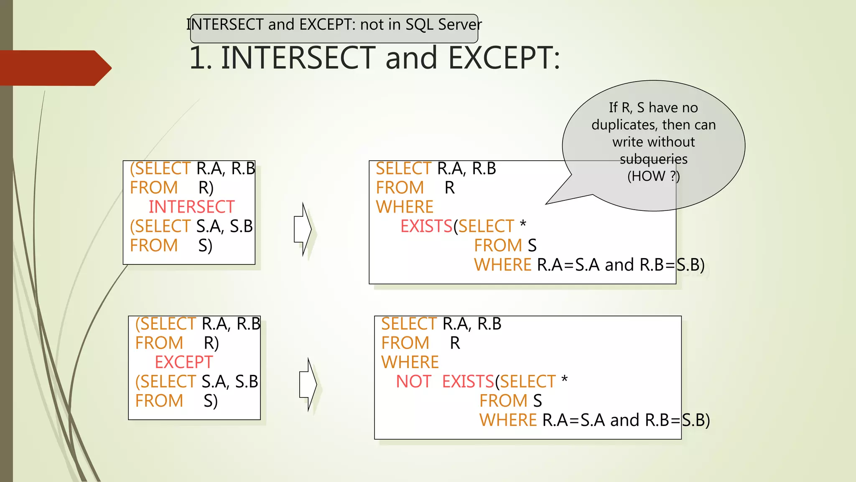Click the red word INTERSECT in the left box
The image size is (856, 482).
pyautogui.click(x=191, y=207)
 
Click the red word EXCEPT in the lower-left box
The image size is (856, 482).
pyautogui.click(x=184, y=362)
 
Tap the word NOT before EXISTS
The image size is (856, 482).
pyautogui.click(x=413, y=381)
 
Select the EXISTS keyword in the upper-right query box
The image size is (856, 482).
pyautogui.click(x=426, y=226)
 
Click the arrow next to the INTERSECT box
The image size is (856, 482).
pyautogui.click(x=303, y=229)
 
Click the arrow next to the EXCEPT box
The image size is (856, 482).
pyautogui.click(x=308, y=384)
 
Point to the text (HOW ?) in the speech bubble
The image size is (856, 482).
pyautogui.click(x=653, y=176)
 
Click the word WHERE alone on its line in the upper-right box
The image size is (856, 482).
pyautogui.click(x=405, y=207)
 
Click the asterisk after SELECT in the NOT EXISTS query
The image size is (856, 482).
pyautogui.click(x=564, y=379)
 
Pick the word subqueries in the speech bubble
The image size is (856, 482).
pyautogui.click(x=653, y=159)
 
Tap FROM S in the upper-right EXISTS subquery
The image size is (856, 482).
pyautogui.click(x=505, y=246)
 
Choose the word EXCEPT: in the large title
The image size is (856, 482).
pyautogui.click(x=504, y=58)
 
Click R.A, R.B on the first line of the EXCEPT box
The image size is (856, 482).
pyautogui.click(x=231, y=323)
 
